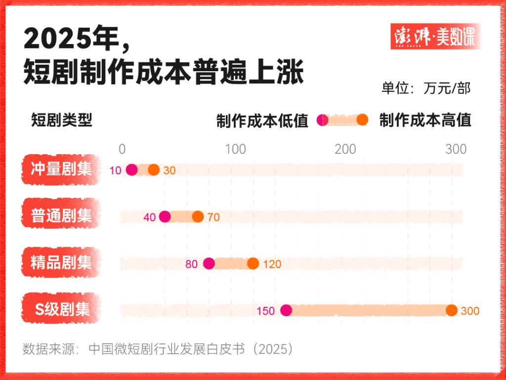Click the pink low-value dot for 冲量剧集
pos(131,170)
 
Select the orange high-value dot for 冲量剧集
pos(154,170)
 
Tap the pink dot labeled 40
pos(165,216)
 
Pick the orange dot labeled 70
pos(198,216)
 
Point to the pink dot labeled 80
pos(209,263)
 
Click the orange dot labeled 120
pos(253,263)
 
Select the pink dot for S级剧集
pos(286,310)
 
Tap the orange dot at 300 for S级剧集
pos(451,310)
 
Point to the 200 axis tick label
pos(345,149)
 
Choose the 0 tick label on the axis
pos(122,149)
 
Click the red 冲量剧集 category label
pos(61,169)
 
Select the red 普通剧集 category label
pos(61,216)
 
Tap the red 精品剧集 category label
pos(61,262)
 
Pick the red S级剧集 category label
pos(61,309)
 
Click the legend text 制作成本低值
pos(262,121)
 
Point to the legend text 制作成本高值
pos(425,120)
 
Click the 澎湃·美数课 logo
pos(435,37)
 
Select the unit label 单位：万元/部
pos(425,88)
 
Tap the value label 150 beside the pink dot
pos(265,311)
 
